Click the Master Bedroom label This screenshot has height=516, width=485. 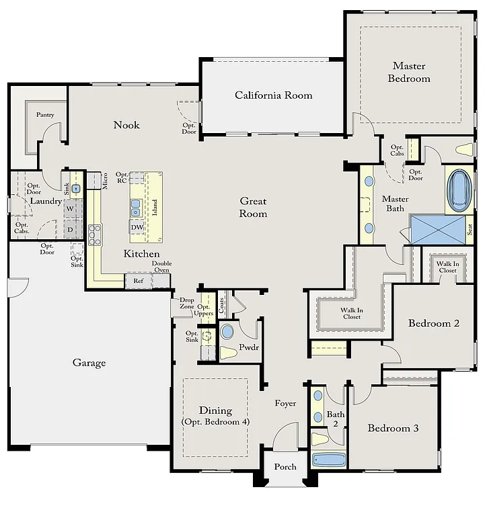pos(411,72)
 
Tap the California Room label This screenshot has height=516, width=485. pos(273,95)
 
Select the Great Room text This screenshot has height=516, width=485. pos(254,207)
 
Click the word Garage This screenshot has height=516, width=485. pos(89,363)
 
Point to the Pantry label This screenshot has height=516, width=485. pos(45,115)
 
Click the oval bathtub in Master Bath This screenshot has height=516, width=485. pos(459,190)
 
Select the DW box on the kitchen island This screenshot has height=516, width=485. pos(137,227)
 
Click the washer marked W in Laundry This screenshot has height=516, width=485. pos(69,209)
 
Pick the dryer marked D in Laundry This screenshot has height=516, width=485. pos(69,229)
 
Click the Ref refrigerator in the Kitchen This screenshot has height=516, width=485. pos(139,281)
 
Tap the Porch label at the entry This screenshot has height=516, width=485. pos(285,467)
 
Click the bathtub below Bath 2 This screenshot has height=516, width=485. pos(329,460)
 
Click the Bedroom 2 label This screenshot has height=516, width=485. pos(434,323)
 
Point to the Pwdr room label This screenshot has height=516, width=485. pos(249,347)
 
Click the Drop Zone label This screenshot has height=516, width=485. pos(187,303)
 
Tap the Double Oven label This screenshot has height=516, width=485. pos(161,267)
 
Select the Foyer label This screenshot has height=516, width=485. pos(285,404)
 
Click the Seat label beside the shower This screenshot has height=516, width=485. pos(470,229)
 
